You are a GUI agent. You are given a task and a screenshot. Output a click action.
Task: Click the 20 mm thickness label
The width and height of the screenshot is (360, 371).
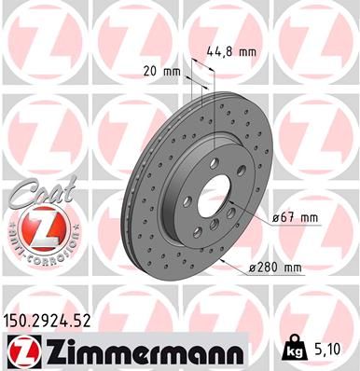(161, 71)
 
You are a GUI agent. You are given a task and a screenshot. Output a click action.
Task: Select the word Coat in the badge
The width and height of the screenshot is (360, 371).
(36, 195)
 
